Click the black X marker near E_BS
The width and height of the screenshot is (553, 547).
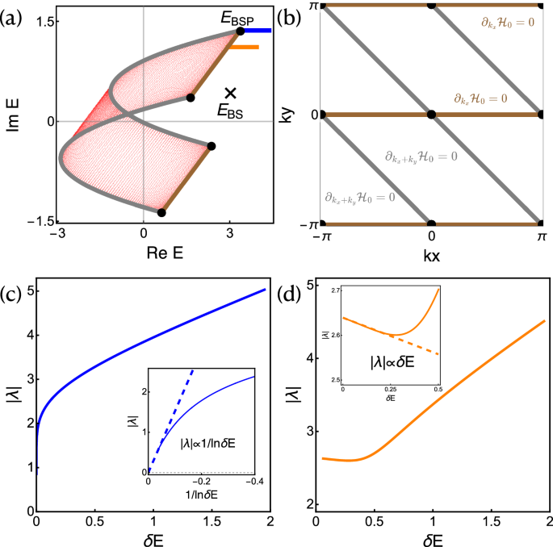231,94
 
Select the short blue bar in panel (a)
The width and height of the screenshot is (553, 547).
258,31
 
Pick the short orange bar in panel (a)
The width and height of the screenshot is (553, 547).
243,48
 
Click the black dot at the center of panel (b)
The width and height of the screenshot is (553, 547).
432,115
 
